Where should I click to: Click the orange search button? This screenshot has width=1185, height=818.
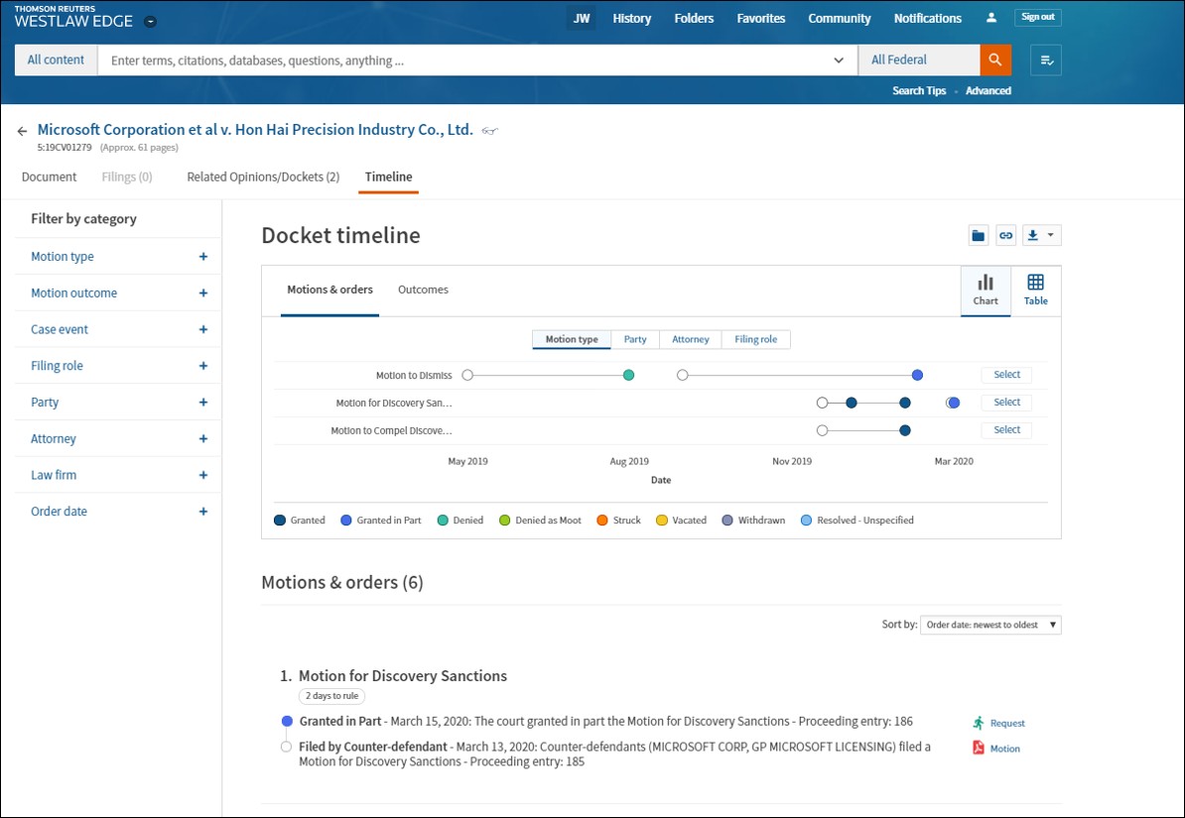click(995, 59)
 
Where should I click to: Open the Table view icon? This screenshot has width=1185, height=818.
click(1035, 291)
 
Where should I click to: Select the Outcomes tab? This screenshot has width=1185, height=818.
click(423, 290)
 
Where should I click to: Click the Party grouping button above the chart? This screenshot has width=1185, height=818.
click(635, 340)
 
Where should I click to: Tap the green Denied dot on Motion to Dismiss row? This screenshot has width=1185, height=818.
click(628, 376)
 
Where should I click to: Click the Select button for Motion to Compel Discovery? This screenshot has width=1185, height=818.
click(1006, 429)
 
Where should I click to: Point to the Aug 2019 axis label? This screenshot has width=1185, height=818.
click(629, 461)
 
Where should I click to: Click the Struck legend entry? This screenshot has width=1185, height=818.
click(618, 521)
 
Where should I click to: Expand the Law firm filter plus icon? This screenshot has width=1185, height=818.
click(202, 475)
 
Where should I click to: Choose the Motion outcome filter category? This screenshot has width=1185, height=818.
click(74, 293)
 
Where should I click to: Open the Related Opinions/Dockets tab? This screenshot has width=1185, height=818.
click(263, 176)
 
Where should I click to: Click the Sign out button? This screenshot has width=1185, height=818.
click(1038, 18)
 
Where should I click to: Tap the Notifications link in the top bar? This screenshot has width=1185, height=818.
click(927, 18)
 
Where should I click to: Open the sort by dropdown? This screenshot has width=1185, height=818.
click(990, 625)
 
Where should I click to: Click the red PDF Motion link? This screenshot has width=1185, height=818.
click(996, 749)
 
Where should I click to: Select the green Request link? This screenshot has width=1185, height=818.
click(999, 723)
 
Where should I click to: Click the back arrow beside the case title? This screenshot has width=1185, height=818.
click(22, 131)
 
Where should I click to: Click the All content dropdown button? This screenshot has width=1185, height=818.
click(56, 59)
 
